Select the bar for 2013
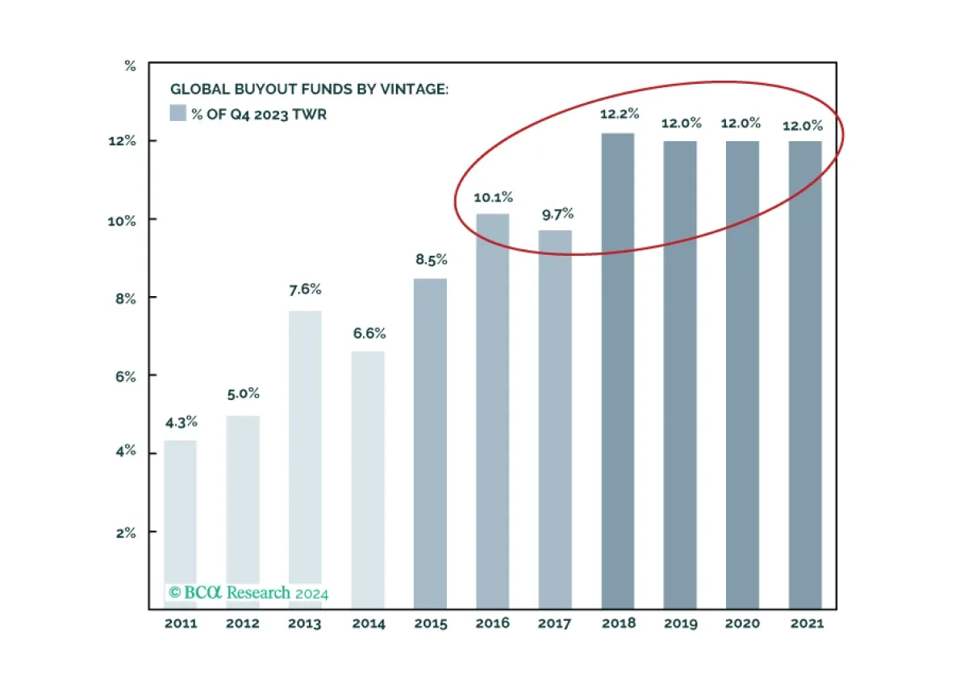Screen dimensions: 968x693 305,460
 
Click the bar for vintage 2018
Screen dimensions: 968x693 618,371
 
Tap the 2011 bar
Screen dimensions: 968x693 181,524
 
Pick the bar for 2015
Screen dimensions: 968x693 431,444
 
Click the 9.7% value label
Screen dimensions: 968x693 558,214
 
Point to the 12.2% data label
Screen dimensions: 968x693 620,114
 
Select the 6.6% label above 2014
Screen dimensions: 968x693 369,333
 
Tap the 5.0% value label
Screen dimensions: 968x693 244,394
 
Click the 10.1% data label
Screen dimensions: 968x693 493,198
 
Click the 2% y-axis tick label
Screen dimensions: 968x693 126,533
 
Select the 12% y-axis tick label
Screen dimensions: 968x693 123,141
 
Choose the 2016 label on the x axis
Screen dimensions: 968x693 493,623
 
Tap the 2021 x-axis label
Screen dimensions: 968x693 807,624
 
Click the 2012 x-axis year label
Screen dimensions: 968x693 243,624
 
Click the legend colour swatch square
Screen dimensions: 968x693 177,113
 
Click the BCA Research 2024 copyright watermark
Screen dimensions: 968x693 248,593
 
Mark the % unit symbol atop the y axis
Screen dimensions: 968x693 130,66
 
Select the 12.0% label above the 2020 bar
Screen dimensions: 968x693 741,123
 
